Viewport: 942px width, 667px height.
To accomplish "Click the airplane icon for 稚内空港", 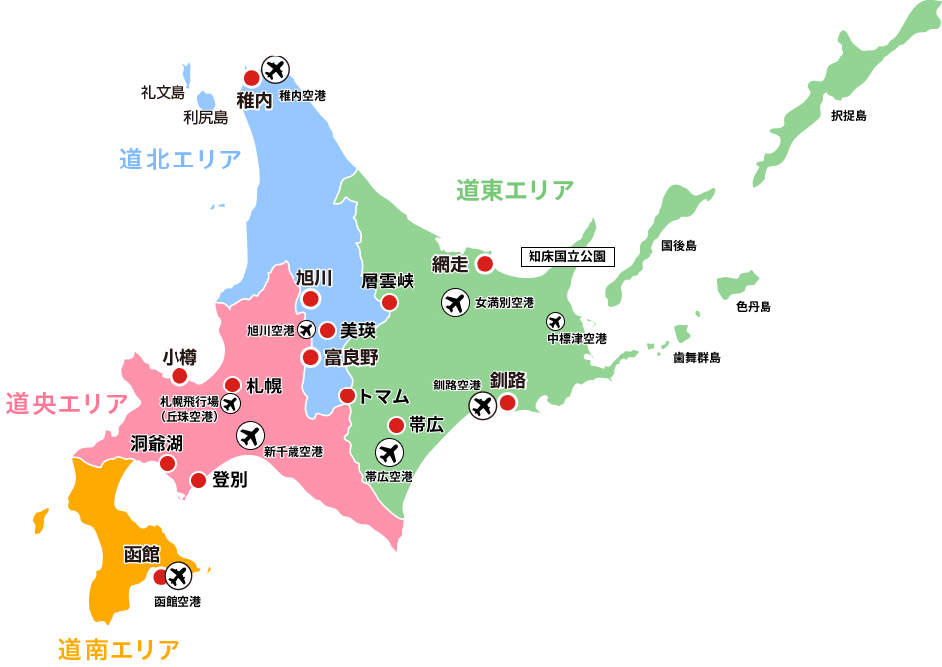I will coord(275,70).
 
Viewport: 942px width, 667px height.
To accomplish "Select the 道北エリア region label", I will coord(180,159).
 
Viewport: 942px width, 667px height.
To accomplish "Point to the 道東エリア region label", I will coord(515,190).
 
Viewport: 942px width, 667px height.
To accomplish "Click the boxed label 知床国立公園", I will coord(567,256).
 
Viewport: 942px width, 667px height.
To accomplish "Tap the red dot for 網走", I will coord(485,264).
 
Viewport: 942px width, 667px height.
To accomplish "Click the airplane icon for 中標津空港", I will coord(555,322).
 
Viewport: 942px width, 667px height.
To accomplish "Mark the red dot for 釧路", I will coord(508,402).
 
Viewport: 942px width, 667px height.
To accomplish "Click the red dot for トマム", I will coord(348,396).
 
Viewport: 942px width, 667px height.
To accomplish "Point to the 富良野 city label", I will coord(352,357).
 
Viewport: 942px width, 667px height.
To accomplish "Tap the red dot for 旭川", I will coord(311,299).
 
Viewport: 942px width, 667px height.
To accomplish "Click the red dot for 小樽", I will coord(179,376).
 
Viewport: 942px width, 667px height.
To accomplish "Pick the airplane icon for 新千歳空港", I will coord(250,434).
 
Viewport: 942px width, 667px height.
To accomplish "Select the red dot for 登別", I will coord(198,481).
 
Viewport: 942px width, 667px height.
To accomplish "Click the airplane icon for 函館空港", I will coord(178,575).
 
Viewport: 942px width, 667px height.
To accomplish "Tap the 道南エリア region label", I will coord(119,650).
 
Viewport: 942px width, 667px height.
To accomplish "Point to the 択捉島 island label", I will coord(848,116).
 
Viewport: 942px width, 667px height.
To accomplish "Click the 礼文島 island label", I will coord(163,93).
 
